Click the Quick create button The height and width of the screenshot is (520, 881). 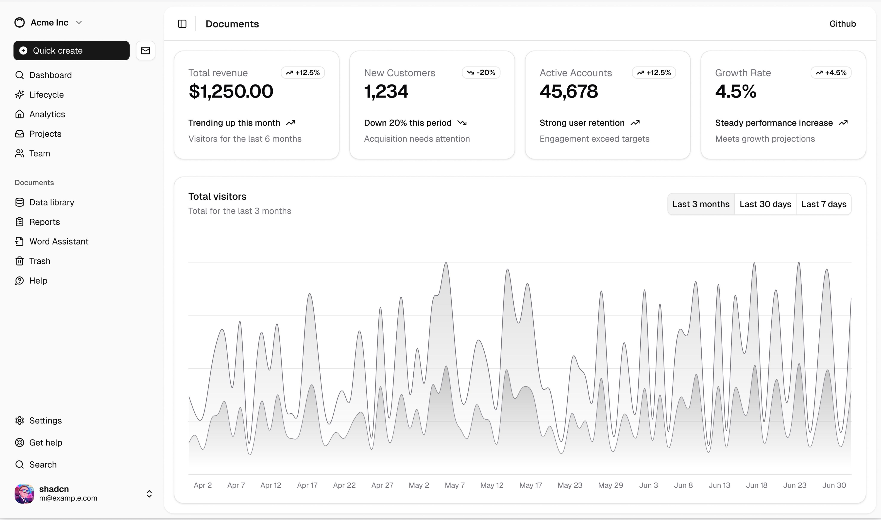[x=71, y=50]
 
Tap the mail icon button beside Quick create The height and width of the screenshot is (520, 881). [x=146, y=50]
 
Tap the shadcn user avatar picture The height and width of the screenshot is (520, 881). [x=24, y=494]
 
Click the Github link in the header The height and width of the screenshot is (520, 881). [x=842, y=24]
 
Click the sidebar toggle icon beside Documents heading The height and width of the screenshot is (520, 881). [x=182, y=24]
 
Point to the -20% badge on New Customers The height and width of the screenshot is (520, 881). [x=481, y=73]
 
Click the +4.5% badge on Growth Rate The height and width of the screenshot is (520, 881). [x=831, y=73]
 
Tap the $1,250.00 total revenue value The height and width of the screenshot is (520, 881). [x=231, y=91]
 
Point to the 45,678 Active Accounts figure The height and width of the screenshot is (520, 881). [x=569, y=91]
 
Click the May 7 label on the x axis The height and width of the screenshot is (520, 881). [x=455, y=485]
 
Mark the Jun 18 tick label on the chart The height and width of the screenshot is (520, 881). [x=757, y=485]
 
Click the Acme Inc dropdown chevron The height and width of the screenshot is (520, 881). [x=79, y=22]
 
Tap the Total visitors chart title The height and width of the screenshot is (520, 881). [x=217, y=196]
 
